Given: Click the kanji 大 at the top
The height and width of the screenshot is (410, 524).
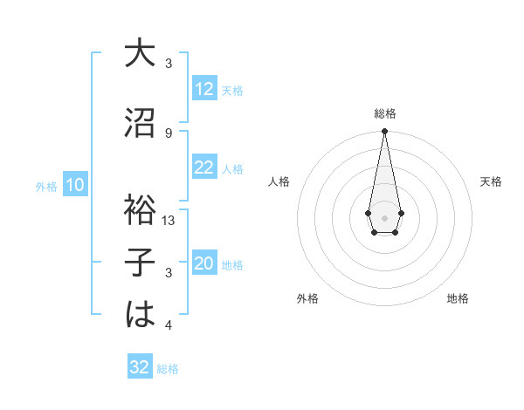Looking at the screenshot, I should coord(140,54).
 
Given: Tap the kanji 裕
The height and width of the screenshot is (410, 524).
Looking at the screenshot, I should coord(140,210).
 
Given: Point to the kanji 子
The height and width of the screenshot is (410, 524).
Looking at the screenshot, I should coord(140,262).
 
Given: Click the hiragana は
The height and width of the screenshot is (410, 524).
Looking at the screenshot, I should coord(140,314).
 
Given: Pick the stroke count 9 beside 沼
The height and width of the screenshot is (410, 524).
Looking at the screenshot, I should coord(169,133).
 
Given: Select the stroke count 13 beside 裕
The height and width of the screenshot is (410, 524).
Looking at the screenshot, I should coord(169,221).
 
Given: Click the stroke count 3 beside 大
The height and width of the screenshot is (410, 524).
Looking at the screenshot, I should coord(169,64).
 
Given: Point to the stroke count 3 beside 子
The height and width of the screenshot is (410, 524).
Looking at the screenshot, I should coord(169,273).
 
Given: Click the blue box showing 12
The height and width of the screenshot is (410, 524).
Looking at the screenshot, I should coord(204,89).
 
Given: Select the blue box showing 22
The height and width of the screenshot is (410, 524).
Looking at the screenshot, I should coord(204,167).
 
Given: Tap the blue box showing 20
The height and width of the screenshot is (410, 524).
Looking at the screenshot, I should coord(204,263).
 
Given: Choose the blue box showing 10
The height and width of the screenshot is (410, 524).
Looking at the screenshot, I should coord(75,185).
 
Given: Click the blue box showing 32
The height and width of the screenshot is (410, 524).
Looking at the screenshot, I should coord(140,367).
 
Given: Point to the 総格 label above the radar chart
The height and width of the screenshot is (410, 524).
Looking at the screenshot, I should coord(384,113).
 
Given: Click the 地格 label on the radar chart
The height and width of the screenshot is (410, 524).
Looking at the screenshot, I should coord(458,298).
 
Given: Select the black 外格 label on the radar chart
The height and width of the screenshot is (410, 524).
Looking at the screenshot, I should coord(307,298).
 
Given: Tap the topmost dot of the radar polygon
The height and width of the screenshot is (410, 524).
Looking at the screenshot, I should coord(384,132).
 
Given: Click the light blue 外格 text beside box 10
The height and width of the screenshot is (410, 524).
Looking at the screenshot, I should coord(46,186).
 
